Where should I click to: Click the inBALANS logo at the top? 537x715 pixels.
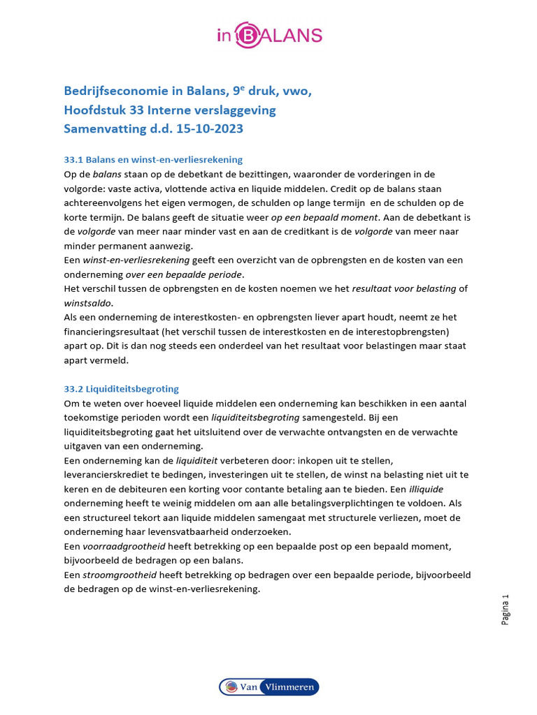point(269,35)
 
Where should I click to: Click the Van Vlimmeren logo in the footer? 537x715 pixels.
point(269,687)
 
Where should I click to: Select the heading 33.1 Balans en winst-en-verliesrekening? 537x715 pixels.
point(153,160)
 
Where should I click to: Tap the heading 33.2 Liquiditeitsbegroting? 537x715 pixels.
point(121,389)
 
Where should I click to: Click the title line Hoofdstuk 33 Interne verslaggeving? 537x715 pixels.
point(170,110)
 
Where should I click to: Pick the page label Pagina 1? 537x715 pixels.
point(506,610)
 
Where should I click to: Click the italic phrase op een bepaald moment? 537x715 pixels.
point(324,216)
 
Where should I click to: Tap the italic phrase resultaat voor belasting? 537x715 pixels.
point(403,288)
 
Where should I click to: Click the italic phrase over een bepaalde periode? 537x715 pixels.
point(185,274)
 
